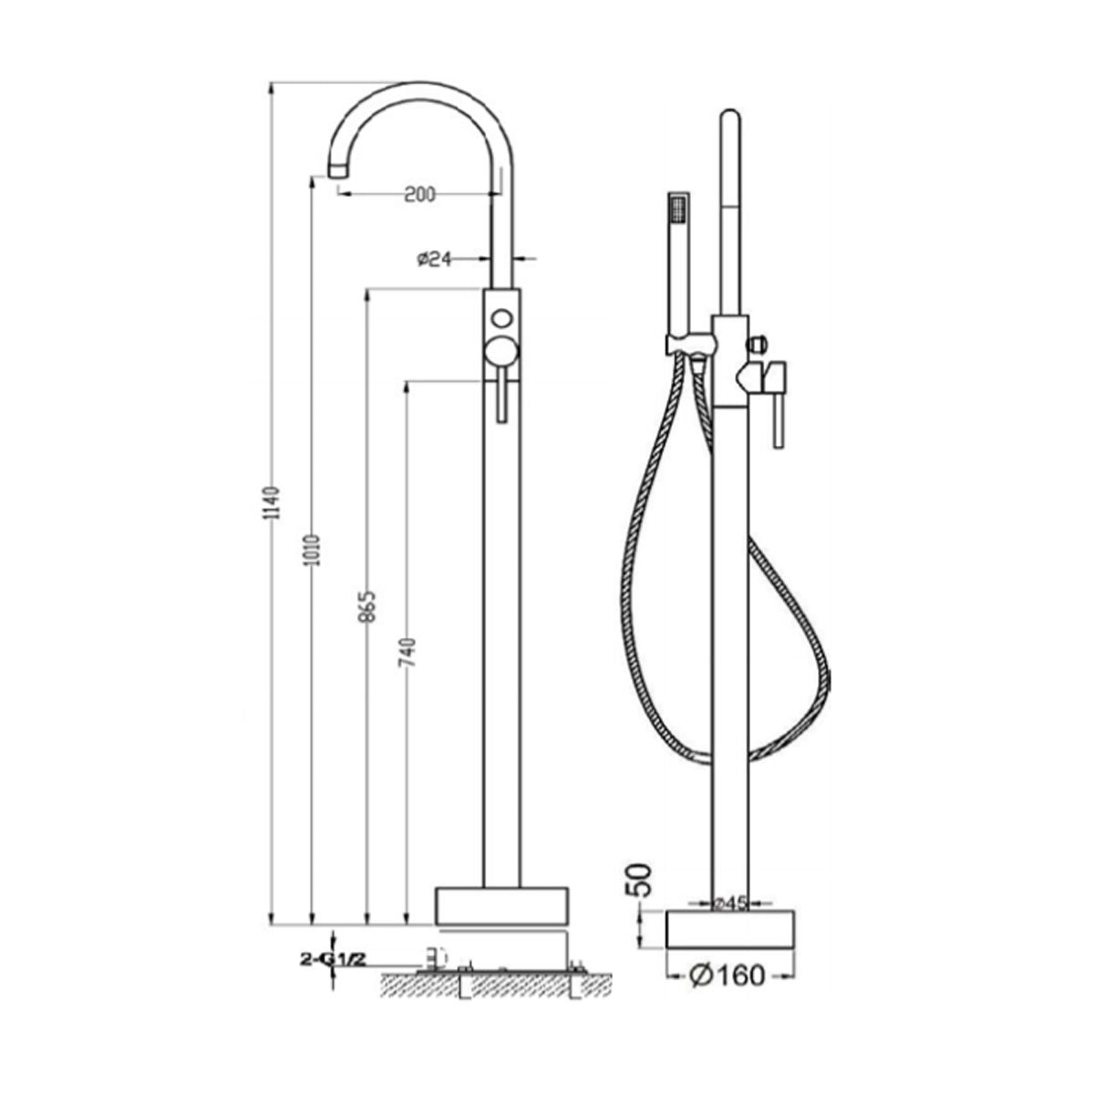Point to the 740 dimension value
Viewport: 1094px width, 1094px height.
click(408, 654)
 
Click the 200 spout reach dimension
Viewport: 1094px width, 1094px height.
click(419, 193)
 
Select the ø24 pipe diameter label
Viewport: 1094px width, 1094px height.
click(435, 259)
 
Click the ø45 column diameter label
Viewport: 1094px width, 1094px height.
click(730, 903)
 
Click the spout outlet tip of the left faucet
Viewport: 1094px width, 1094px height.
click(314, 170)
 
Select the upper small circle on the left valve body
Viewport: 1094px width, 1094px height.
click(501, 319)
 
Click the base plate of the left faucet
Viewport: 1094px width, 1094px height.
click(501, 905)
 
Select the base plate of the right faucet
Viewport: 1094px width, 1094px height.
click(731, 929)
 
